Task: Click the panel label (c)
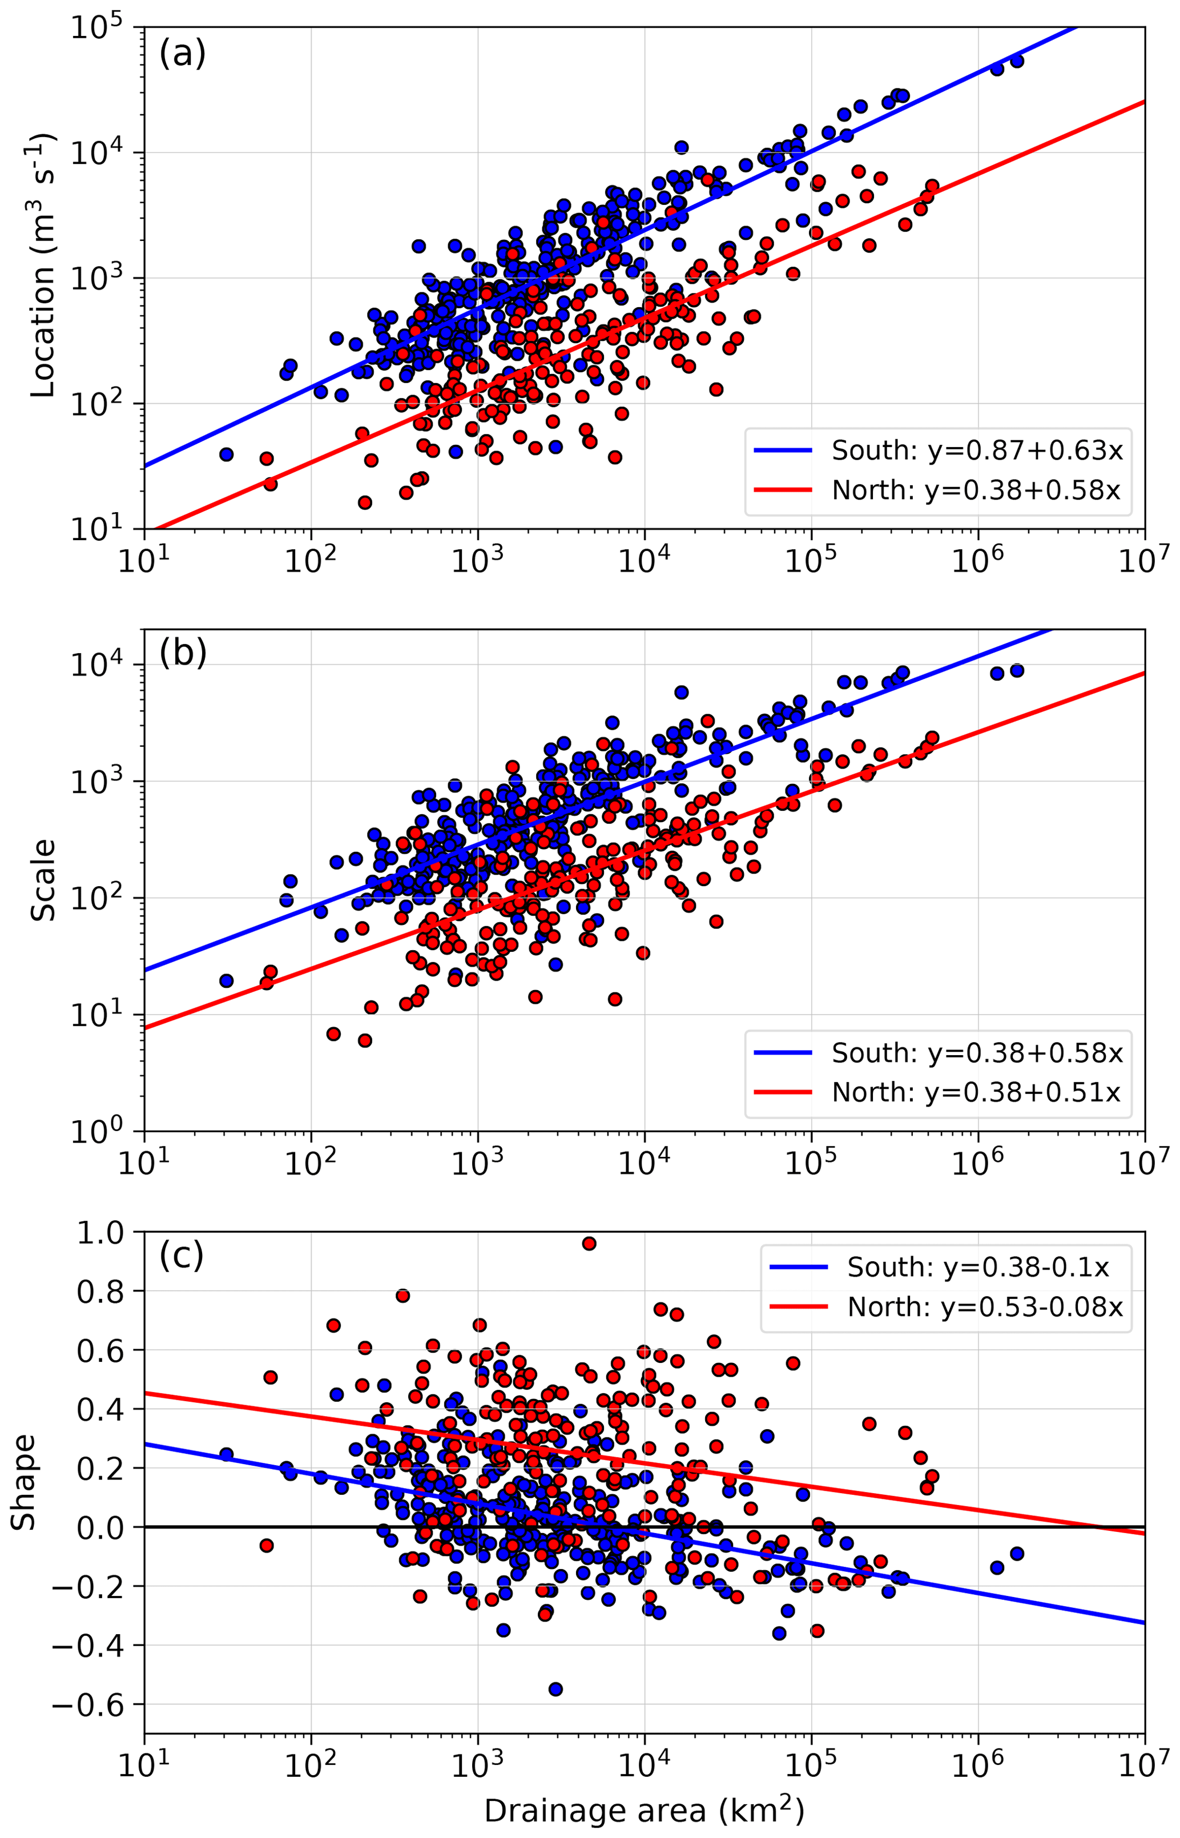(181, 1254)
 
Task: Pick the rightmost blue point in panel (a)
(1017, 61)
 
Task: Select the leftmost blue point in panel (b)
(226, 981)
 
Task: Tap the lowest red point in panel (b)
(365, 1040)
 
